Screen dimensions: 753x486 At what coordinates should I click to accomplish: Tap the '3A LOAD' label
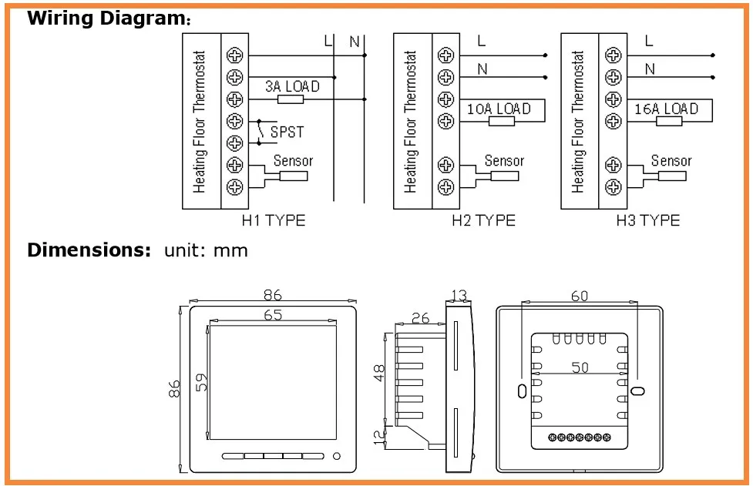[292, 86]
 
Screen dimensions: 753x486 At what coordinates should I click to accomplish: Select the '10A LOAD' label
[499, 109]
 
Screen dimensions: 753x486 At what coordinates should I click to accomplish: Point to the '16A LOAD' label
[666, 109]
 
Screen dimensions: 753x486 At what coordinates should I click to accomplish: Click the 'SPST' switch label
[287, 132]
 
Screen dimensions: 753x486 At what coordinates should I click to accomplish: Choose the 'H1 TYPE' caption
[274, 220]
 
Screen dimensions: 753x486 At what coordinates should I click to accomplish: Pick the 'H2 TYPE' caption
[483, 220]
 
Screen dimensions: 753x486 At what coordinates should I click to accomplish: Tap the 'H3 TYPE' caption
[648, 220]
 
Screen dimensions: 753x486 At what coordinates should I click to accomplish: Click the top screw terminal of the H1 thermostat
[235, 55]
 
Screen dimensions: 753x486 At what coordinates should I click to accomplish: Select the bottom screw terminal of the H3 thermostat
[613, 186]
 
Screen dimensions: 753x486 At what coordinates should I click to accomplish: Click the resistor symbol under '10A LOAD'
[502, 122]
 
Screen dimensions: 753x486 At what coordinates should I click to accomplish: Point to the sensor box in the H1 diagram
[294, 176]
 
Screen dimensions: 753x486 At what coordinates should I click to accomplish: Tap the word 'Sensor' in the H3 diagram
[671, 160]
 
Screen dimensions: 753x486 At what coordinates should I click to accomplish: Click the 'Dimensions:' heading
[89, 250]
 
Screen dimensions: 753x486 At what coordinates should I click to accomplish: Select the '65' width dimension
[273, 315]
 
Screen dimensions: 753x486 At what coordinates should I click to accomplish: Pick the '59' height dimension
[202, 382]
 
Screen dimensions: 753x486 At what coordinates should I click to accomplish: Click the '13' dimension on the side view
[459, 296]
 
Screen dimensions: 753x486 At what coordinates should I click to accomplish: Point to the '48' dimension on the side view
[379, 373]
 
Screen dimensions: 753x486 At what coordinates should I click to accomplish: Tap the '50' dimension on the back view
[580, 367]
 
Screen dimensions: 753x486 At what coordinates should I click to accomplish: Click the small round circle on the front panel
[337, 456]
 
